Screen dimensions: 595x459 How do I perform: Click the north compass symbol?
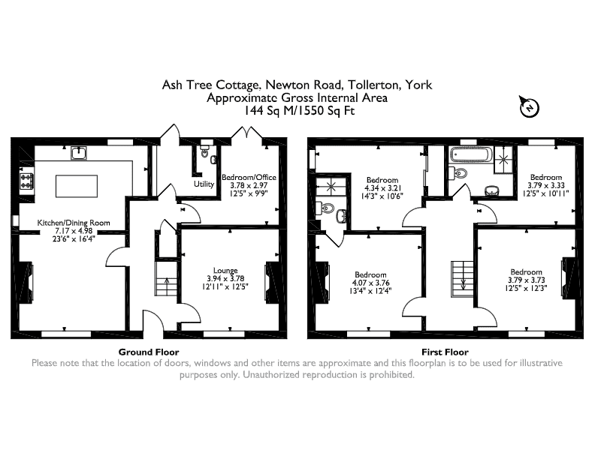[x=529, y=106]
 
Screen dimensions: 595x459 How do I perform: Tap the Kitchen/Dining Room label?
[x=74, y=223]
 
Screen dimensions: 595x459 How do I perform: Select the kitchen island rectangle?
[x=77, y=186]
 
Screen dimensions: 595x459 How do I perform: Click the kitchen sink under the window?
[x=79, y=152]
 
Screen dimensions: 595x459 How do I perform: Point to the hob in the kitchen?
[x=26, y=181]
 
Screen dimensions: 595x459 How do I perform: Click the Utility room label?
[x=204, y=184]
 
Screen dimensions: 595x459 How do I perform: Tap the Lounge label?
[x=225, y=271]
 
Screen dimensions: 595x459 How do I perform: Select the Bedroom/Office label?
[x=249, y=177]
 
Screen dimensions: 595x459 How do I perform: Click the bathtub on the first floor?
[x=470, y=154]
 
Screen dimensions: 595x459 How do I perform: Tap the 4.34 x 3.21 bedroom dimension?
[x=382, y=188]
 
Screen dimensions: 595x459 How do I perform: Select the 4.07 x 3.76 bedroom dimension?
[x=370, y=283]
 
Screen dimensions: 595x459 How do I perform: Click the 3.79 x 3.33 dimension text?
[x=546, y=185]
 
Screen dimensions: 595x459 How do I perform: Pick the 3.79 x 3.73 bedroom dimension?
[x=527, y=280]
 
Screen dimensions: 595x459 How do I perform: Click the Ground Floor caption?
[x=149, y=352]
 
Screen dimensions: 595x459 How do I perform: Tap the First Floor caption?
[x=445, y=352]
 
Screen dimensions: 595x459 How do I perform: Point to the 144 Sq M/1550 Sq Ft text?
[x=299, y=111]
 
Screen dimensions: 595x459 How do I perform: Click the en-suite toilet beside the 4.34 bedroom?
[x=326, y=208]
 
